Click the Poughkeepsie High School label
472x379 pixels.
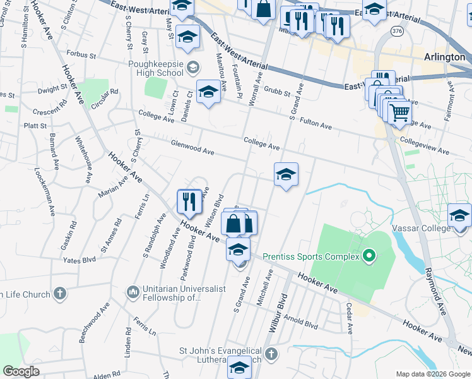pyautogui.click(x=155, y=68)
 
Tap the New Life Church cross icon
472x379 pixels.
pyautogui.click(x=59, y=294)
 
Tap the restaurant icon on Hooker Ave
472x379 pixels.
pyautogui.click(x=189, y=202)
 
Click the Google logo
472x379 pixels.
pyautogui.click(x=21, y=371)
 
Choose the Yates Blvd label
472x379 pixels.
pyautogui.click(x=79, y=260)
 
